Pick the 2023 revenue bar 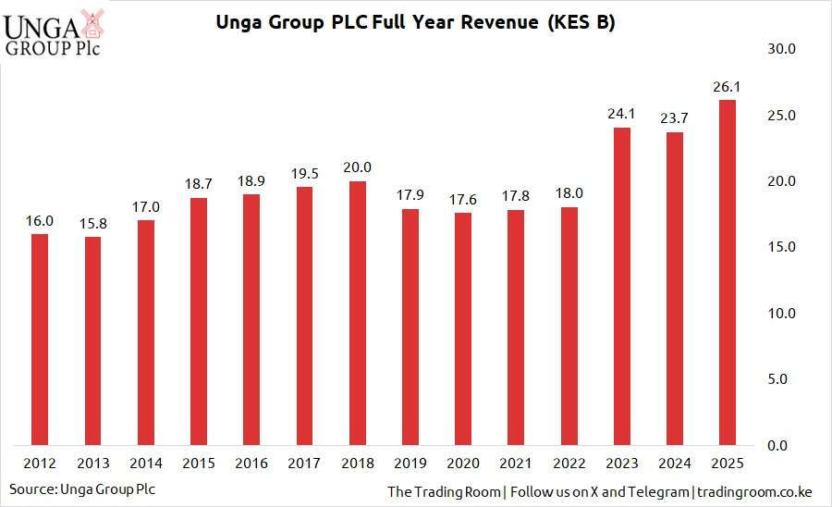622,286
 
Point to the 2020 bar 464,328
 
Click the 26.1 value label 727,87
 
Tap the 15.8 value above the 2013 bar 92,224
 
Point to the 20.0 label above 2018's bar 359,167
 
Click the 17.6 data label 464,200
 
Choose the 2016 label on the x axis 252,463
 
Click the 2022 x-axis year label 569,463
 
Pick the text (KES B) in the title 580,22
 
